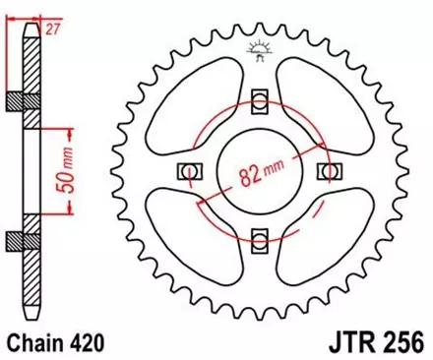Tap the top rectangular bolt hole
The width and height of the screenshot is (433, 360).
point(260,99)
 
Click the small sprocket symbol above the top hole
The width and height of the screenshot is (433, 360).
point(259,48)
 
